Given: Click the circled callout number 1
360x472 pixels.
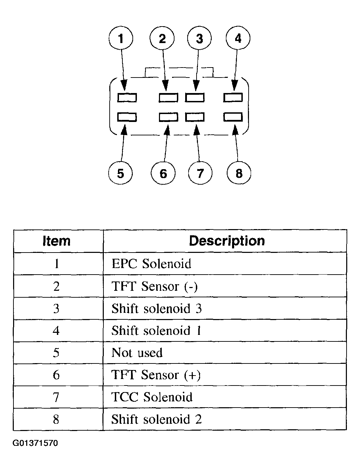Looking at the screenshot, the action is (121, 38).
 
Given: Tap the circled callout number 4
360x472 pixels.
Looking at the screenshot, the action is (238, 38).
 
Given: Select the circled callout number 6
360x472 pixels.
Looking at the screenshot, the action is (163, 173).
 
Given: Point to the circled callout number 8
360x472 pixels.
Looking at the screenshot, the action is (239, 173).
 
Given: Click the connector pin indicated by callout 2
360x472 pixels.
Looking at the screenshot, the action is (169, 98).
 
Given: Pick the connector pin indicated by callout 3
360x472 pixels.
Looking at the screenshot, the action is (195, 98).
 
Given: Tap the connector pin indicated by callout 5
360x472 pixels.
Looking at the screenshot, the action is (127, 117).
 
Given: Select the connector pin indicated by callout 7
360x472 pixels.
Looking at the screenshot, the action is (195, 117).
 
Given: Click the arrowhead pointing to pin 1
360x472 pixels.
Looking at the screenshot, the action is (124, 85).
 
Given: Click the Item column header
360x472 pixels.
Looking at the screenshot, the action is (57, 240).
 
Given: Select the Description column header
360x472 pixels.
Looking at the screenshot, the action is (227, 241).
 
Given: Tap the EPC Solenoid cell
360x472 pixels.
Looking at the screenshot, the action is (151, 264).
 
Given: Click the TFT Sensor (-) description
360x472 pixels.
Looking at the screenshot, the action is (154, 286).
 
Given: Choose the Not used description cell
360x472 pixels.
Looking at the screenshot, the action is (137, 352).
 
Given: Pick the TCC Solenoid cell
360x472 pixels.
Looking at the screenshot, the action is (152, 397).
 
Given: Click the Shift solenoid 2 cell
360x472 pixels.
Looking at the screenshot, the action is (157, 419).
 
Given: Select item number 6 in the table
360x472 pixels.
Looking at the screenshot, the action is (56, 375).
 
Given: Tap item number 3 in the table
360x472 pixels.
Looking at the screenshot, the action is (56, 309).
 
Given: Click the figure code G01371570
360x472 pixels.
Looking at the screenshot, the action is (35, 443).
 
